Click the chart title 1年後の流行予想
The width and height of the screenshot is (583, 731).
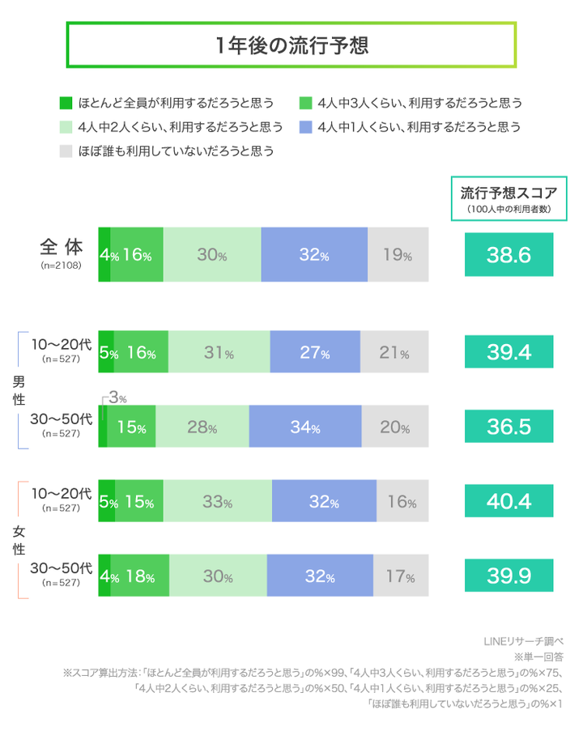click(291, 45)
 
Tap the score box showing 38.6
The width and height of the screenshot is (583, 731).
click(509, 255)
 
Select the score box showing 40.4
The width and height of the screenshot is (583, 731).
click(509, 501)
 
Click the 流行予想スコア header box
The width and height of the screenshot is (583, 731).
click(509, 198)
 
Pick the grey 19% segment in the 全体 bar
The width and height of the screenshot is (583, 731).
click(398, 255)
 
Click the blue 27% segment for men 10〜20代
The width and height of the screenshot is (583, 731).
click(315, 353)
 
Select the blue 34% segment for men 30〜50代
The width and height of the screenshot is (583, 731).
click(305, 427)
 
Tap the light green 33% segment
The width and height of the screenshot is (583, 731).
click(217, 502)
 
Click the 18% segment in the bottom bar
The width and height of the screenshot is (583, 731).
click(139, 576)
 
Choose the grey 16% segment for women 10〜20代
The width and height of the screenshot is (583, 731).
click(402, 502)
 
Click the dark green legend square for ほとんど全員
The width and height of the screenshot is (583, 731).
click(67, 103)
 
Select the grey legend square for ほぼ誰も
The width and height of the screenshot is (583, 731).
click(67, 151)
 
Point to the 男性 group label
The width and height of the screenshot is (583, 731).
click(18, 389)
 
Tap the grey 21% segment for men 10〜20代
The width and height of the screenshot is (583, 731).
click(394, 353)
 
